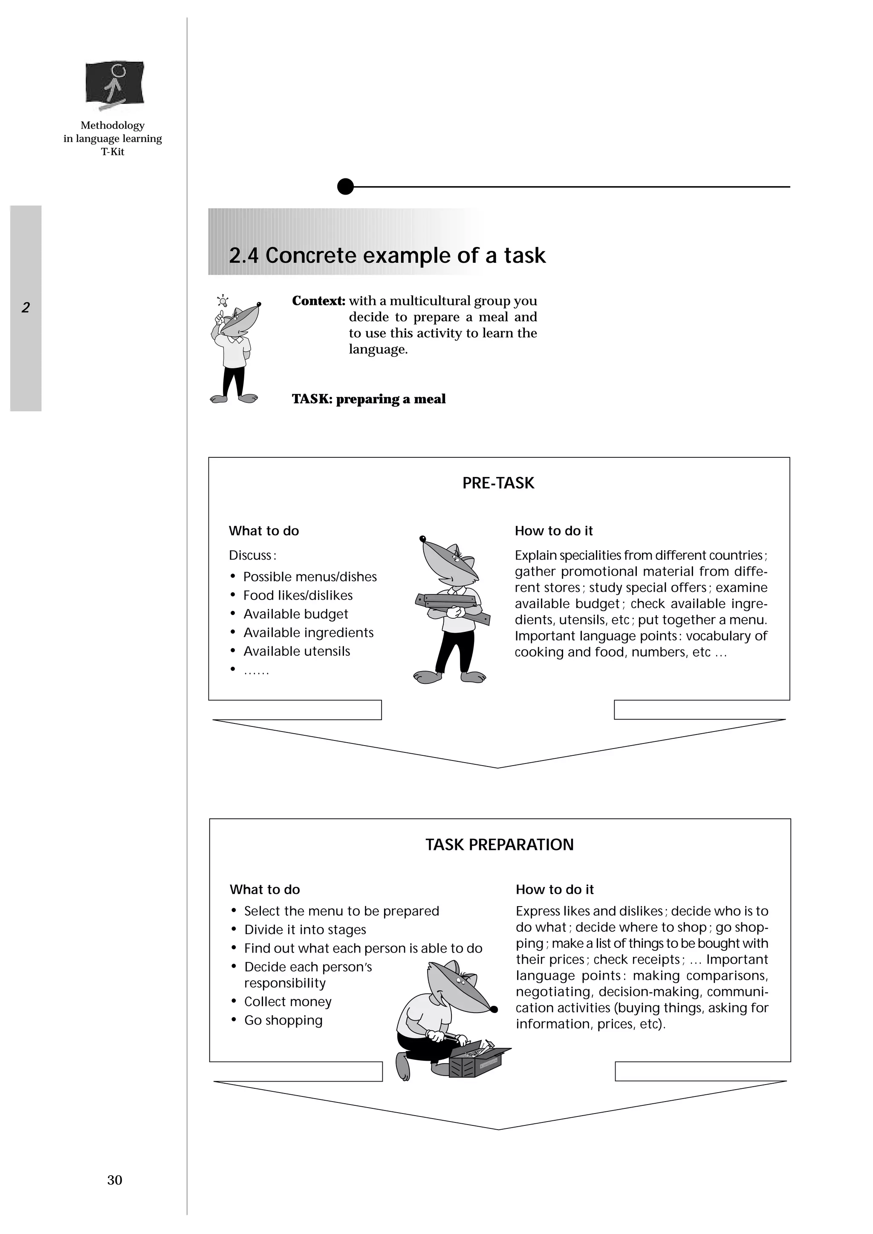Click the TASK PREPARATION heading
coord(499,844)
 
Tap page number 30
coord(115,1180)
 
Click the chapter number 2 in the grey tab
coord(25,307)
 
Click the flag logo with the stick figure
coord(115,82)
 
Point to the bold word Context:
coord(318,301)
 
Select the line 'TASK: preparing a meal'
coord(368,399)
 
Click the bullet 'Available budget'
coord(295,614)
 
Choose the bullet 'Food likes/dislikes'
coord(298,596)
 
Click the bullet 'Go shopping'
coord(283,1020)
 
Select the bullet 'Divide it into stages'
coord(304,930)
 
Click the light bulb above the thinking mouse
coord(222,299)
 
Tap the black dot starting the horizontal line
coord(345,187)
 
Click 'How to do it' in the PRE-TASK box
coord(553,531)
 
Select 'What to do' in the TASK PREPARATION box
coord(265,890)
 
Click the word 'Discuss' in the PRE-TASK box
coord(251,555)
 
